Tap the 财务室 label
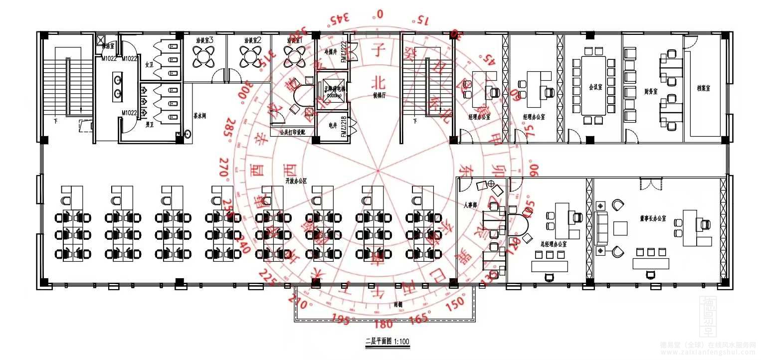(651, 91)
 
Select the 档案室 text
(703, 88)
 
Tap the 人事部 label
(470, 204)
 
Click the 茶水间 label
(200, 116)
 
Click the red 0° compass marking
(380, 14)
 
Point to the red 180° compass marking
(382, 325)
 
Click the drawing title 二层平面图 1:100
(387, 342)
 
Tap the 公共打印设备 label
(291, 133)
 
